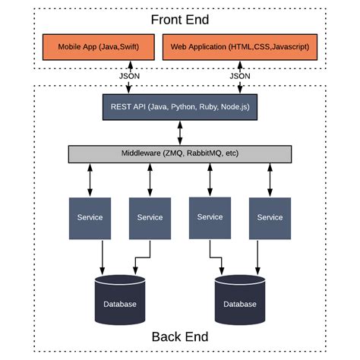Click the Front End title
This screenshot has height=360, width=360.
click(x=180, y=20)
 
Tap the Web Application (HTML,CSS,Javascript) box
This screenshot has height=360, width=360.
click(x=239, y=47)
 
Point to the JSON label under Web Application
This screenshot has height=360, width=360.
click(x=240, y=77)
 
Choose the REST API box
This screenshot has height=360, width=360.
click(x=180, y=107)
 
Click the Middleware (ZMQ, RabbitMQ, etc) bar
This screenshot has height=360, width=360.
click(x=180, y=153)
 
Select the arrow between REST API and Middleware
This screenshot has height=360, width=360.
click(x=180, y=131)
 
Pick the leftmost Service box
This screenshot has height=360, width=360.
click(x=90, y=217)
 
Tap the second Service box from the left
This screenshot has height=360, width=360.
click(x=150, y=217)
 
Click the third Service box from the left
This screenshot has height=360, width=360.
click(x=210, y=216)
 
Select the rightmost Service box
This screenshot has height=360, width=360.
click(x=270, y=217)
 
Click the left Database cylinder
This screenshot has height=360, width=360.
click(x=120, y=302)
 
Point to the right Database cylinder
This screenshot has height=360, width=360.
click(x=240, y=302)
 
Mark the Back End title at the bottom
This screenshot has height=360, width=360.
click(x=180, y=336)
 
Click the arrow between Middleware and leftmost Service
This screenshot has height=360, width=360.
click(x=90, y=179)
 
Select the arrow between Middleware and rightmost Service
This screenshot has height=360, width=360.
click(x=270, y=179)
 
